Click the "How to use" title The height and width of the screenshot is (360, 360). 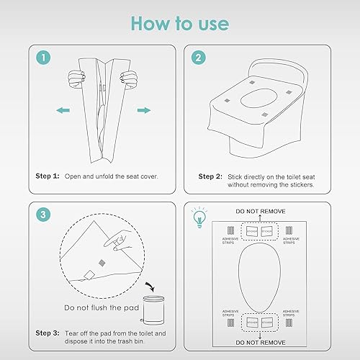coord(180,23)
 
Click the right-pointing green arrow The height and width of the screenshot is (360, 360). coord(144,111)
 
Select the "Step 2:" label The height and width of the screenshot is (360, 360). coord(213,176)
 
